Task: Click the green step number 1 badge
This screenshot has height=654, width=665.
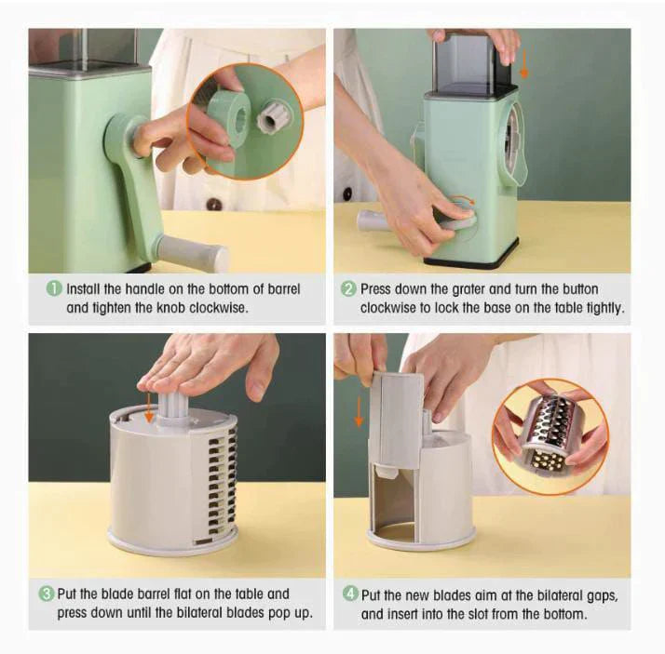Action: click(53, 289)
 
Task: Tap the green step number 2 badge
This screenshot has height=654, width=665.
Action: click(348, 289)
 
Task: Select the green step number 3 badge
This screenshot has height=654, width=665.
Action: click(47, 594)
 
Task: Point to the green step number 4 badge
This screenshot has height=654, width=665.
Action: click(350, 594)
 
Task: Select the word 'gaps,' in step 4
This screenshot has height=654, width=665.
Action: click(603, 596)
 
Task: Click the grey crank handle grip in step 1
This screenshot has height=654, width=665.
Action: click(192, 253)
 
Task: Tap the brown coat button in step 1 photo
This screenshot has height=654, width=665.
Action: click(214, 205)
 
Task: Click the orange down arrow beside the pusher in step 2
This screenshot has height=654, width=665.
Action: click(524, 63)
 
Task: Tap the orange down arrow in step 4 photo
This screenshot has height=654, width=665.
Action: click(359, 412)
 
